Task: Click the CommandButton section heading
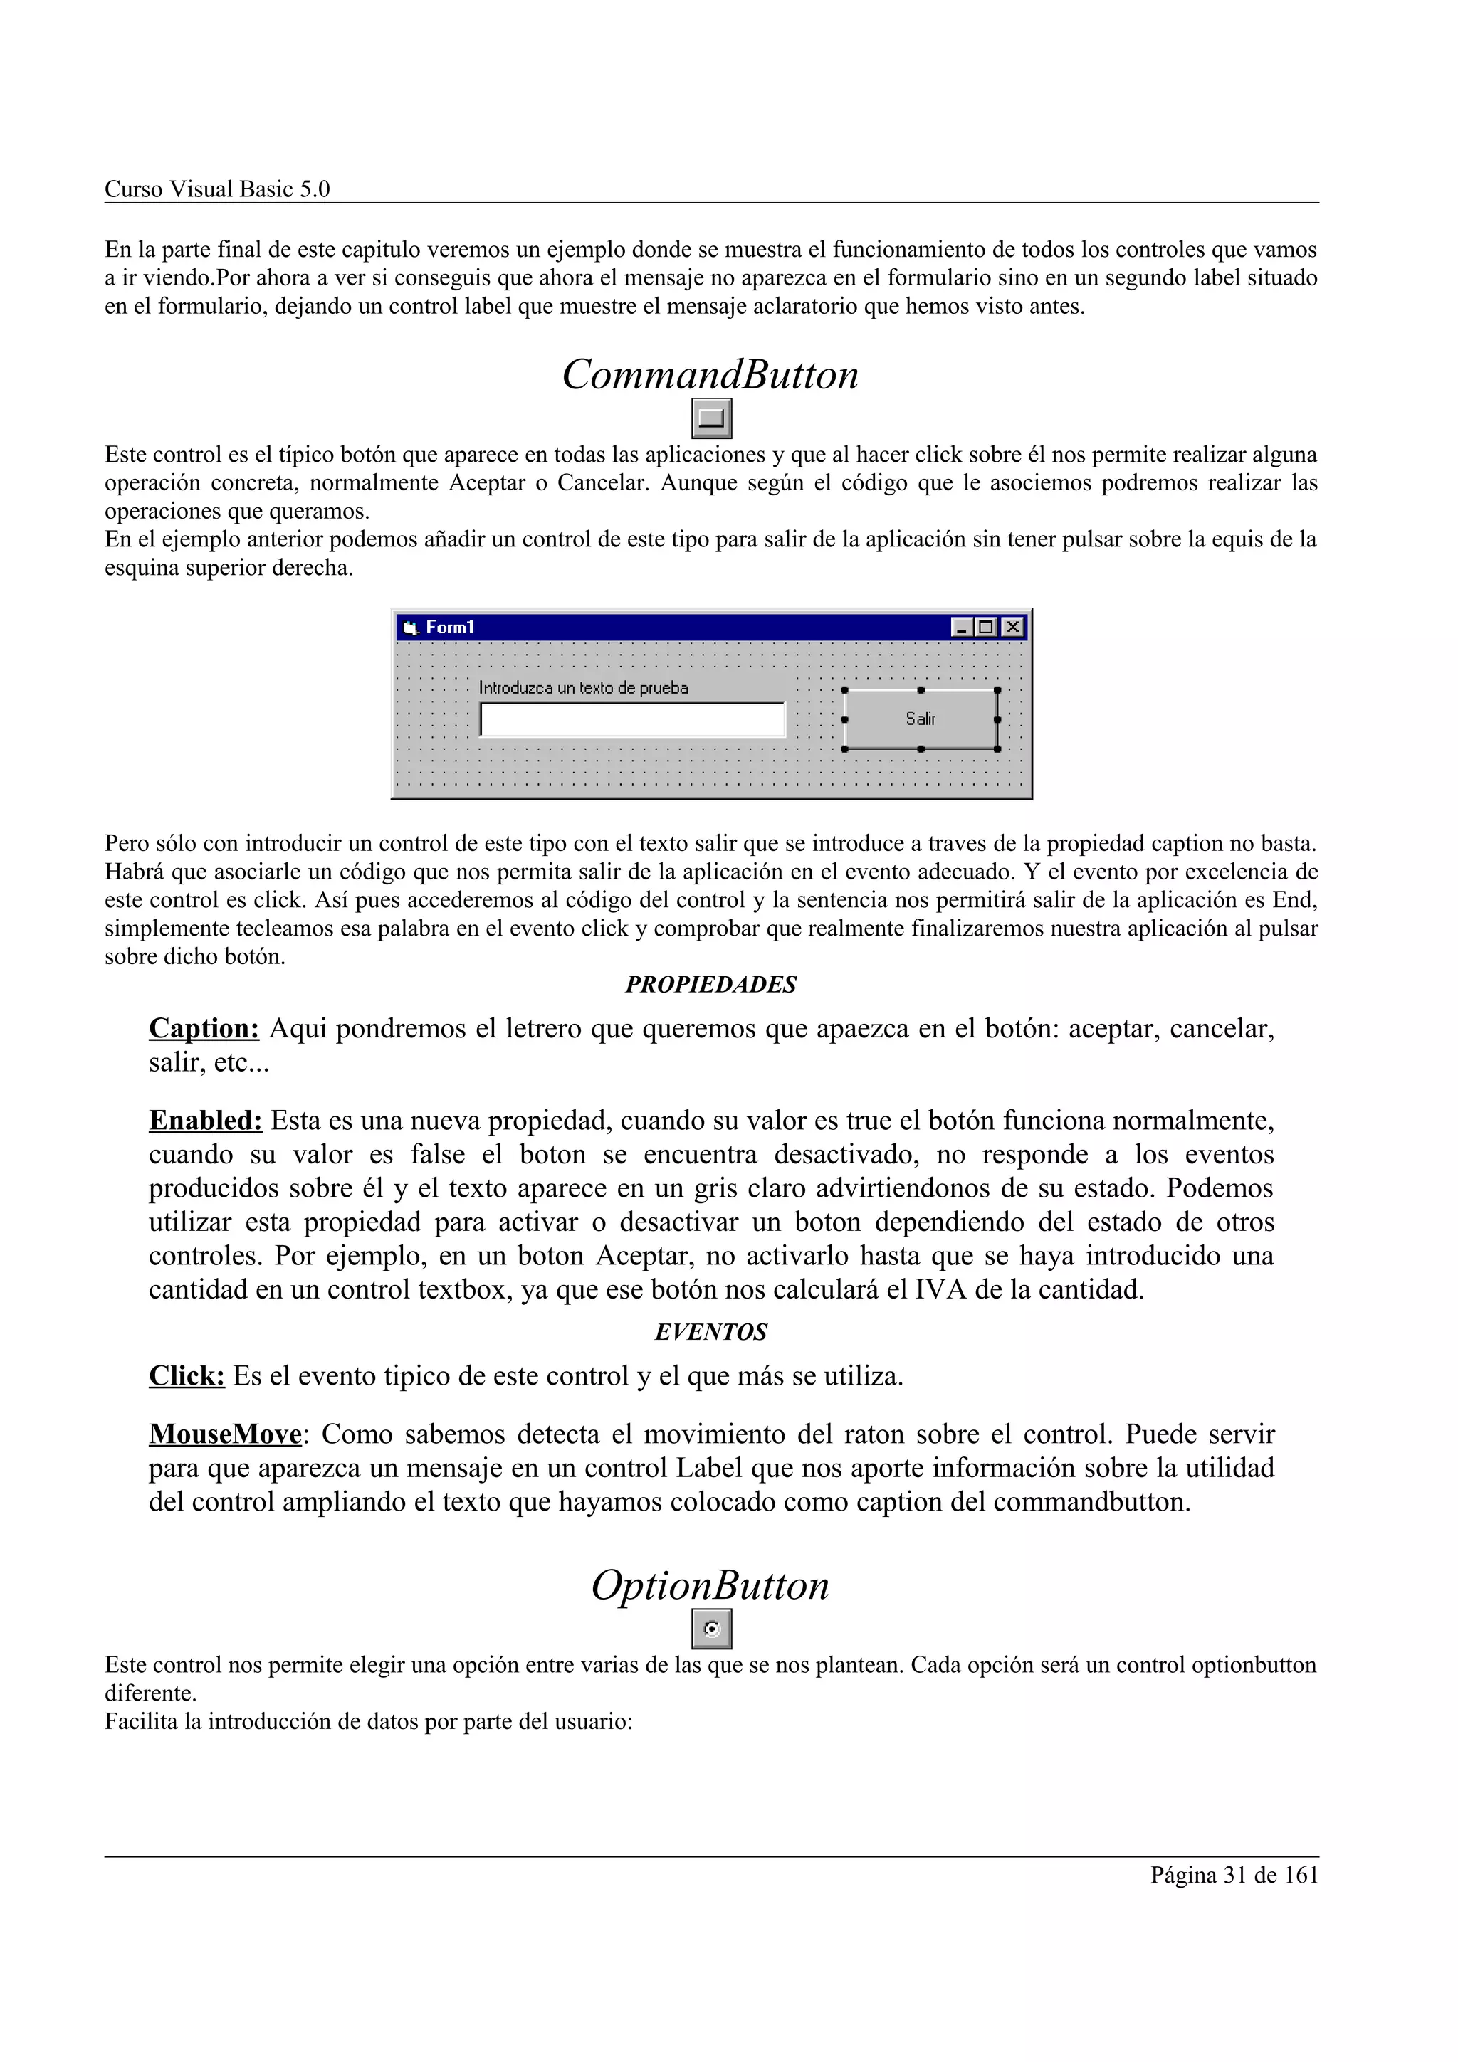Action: [710, 376]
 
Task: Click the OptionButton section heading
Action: [710, 1586]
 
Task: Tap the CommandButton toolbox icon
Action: [711, 418]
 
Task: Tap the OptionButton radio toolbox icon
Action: [711, 1629]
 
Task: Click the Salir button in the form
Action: [921, 719]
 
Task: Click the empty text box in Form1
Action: [632, 719]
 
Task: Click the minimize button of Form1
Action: [961, 627]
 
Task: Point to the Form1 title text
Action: [449, 627]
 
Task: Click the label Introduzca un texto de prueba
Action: [583, 688]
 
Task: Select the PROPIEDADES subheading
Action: [710, 985]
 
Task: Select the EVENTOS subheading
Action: [710, 1332]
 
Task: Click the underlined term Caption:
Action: [204, 1028]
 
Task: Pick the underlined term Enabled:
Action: [206, 1121]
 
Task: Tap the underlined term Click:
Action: [187, 1376]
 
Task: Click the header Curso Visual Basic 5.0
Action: [217, 189]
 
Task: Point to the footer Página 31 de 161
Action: [1234, 1875]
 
